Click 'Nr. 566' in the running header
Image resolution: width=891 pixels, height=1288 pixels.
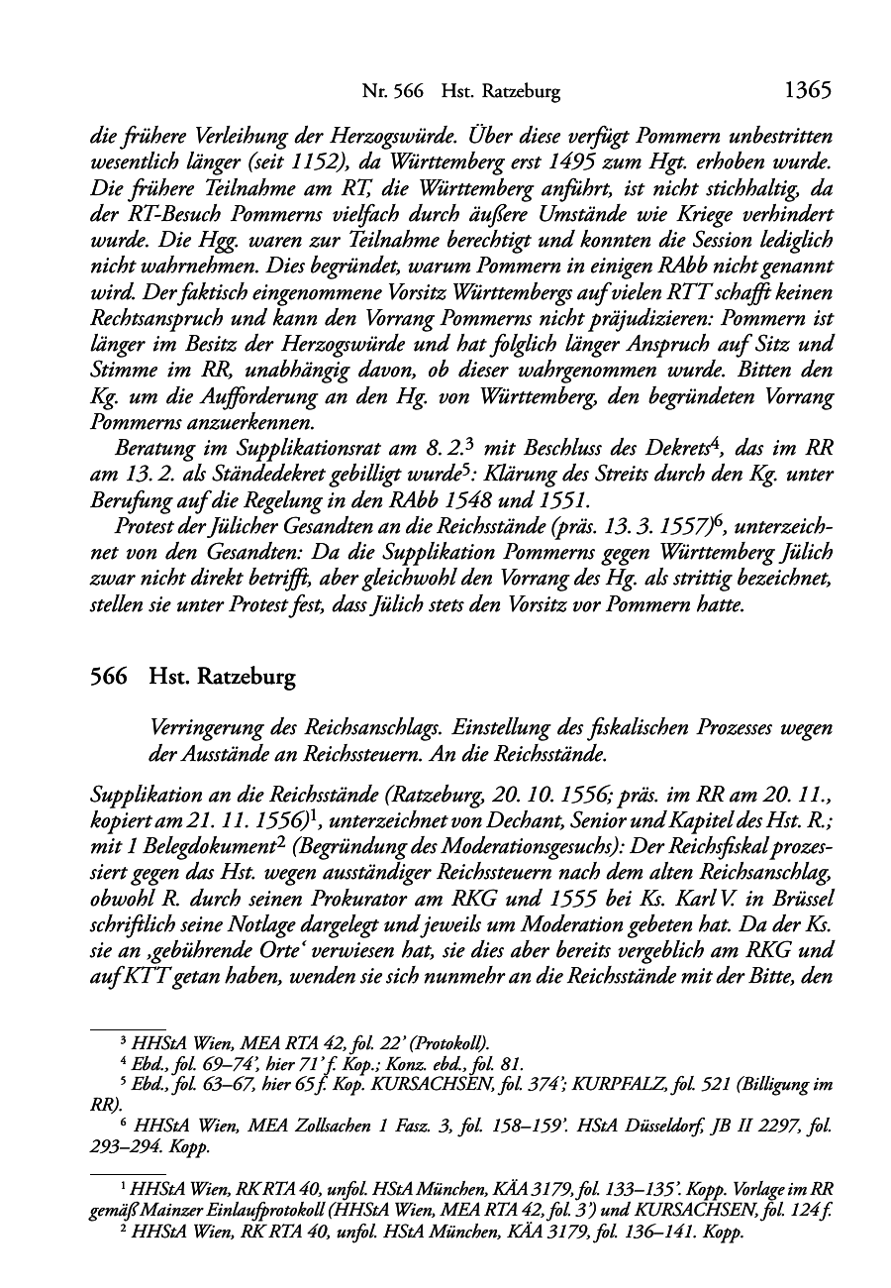tap(393, 92)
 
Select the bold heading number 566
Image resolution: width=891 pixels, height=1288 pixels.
tap(109, 677)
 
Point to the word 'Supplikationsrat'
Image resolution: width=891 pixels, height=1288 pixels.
tap(255, 448)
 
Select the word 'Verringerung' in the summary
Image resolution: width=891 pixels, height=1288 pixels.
tap(199, 728)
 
